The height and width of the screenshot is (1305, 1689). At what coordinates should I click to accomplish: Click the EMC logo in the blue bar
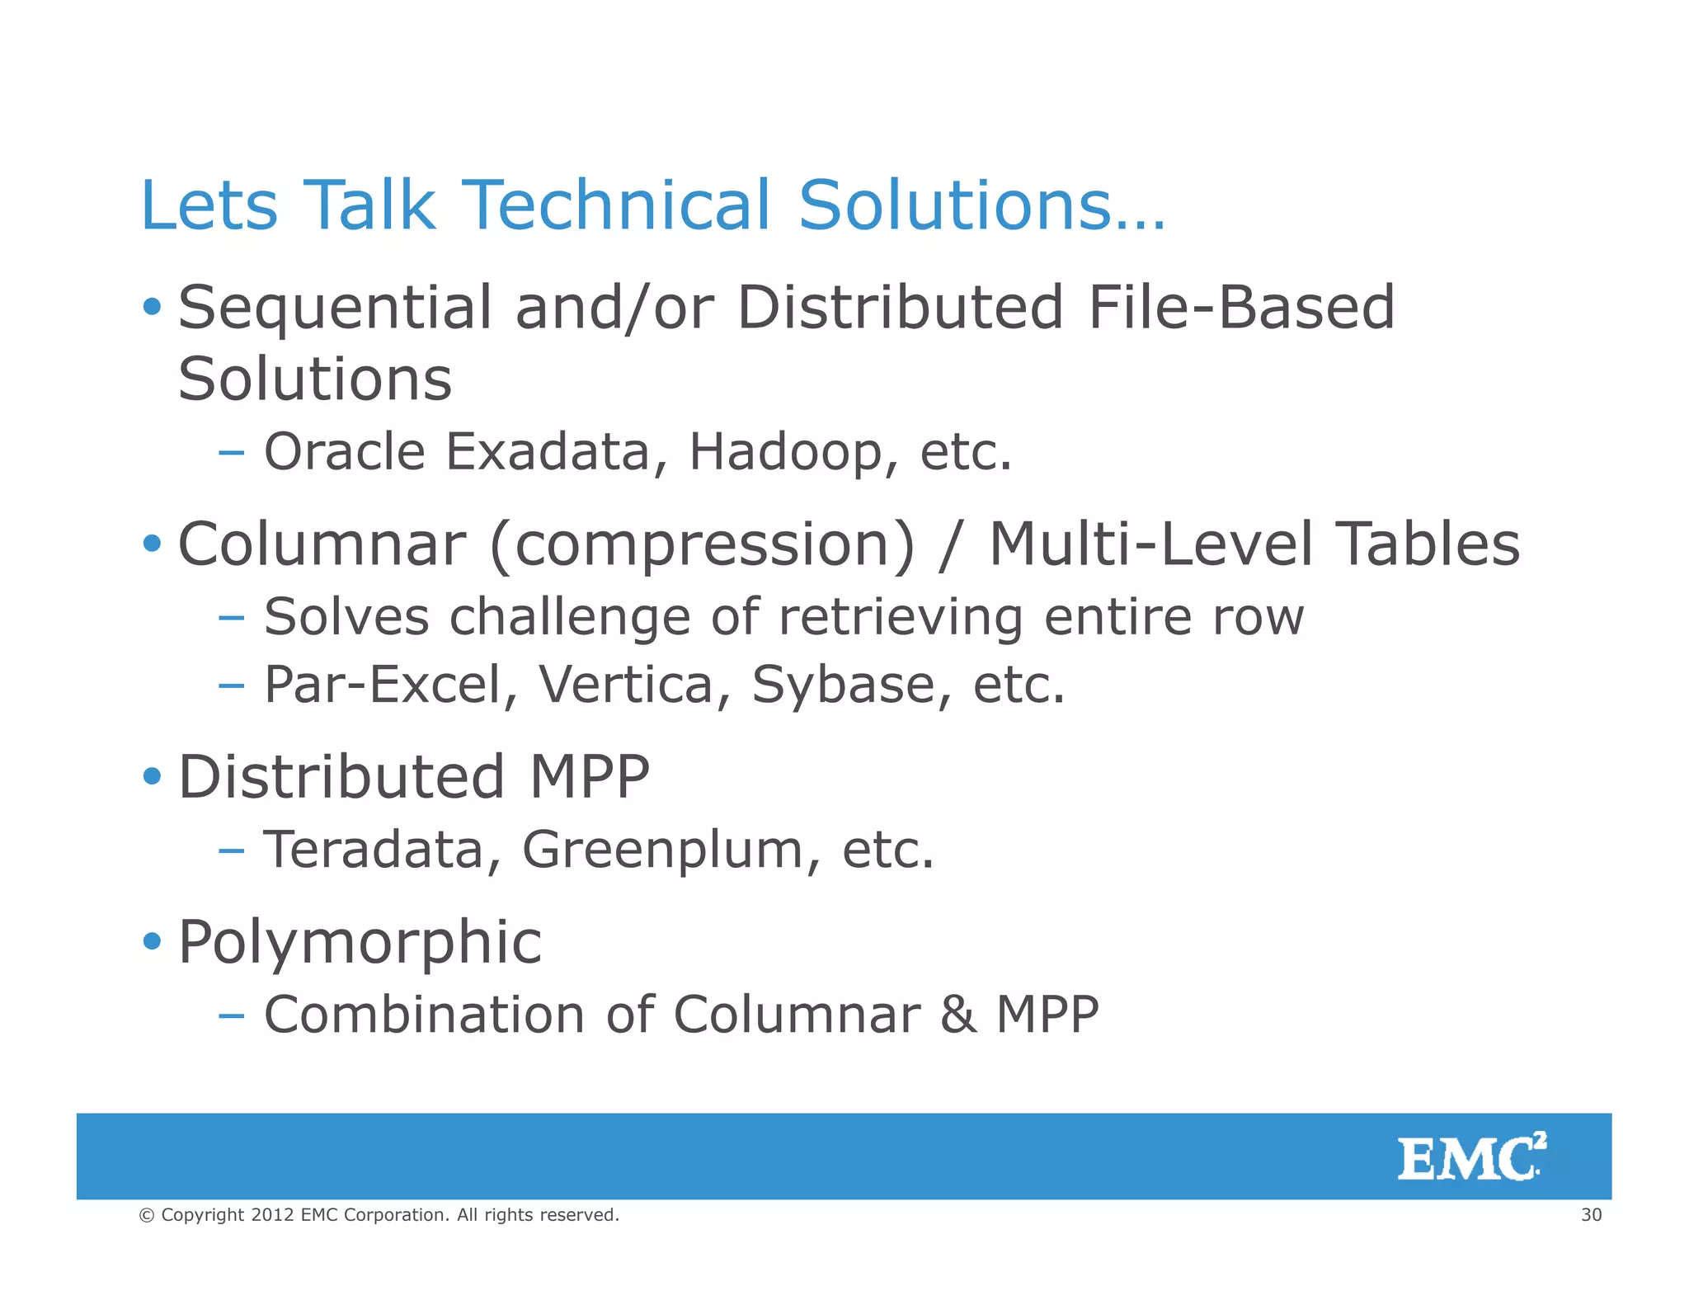pos(1470,1157)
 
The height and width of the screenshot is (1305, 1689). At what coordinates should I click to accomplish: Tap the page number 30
pos(1591,1214)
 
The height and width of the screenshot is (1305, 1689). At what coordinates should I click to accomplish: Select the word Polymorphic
pos(360,942)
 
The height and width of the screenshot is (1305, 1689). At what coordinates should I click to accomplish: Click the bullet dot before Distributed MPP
pos(152,776)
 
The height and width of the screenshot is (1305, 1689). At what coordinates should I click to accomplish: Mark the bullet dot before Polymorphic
pos(152,940)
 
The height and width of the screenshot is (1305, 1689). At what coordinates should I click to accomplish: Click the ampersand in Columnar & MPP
pos(957,1015)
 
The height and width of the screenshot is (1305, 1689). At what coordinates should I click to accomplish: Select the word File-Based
pos(1240,307)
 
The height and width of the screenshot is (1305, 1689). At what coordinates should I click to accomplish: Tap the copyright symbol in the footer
pos(147,1215)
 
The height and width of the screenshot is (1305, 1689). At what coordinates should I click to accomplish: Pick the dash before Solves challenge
pos(232,617)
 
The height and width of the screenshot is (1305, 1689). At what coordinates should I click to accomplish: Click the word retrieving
pos(901,617)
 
